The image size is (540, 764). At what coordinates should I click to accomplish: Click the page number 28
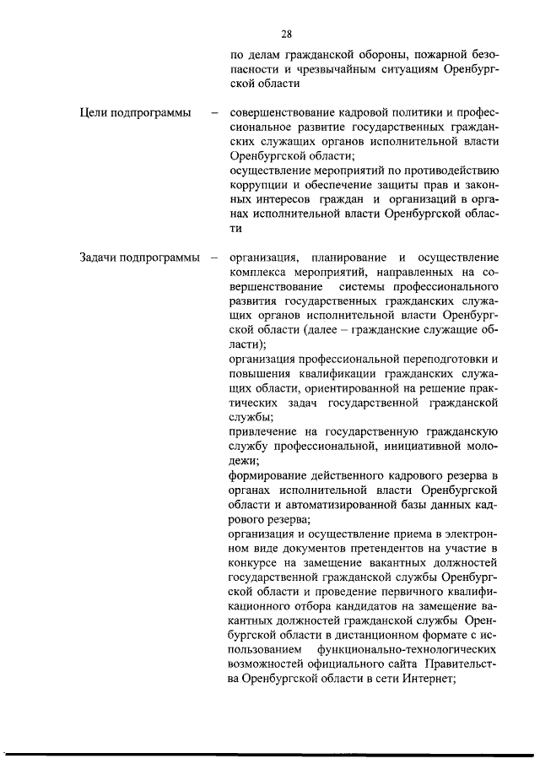pos(286,35)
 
